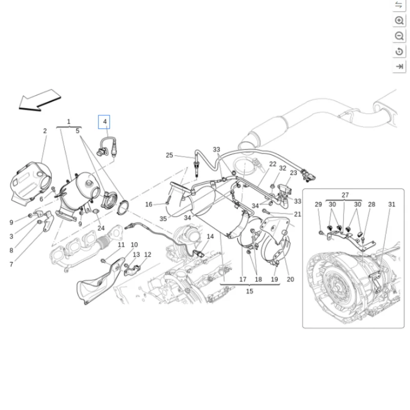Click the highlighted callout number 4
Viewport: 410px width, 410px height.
click(105, 122)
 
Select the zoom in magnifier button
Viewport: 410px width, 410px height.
click(399, 20)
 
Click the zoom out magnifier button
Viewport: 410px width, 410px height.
click(399, 36)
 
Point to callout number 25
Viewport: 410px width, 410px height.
click(170, 155)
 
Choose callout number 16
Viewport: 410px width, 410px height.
click(149, 204)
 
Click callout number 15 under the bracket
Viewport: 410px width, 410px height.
click(250, 291)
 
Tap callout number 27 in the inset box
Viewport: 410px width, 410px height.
click(345, 195)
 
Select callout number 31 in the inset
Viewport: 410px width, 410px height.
click(392, 204)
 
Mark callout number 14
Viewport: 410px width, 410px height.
click(210, 237)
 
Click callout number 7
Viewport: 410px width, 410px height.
click(11, 264)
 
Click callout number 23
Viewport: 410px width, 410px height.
click(293, 173)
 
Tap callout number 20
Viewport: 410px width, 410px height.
click(291, 279)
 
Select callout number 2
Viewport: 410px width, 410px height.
click(45, 131)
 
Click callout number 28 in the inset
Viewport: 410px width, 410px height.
click(372, 204)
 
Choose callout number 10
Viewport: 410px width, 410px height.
click(134, 245)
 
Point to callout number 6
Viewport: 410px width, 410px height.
click(42, 199)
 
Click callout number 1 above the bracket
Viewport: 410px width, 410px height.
click(69, 121)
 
